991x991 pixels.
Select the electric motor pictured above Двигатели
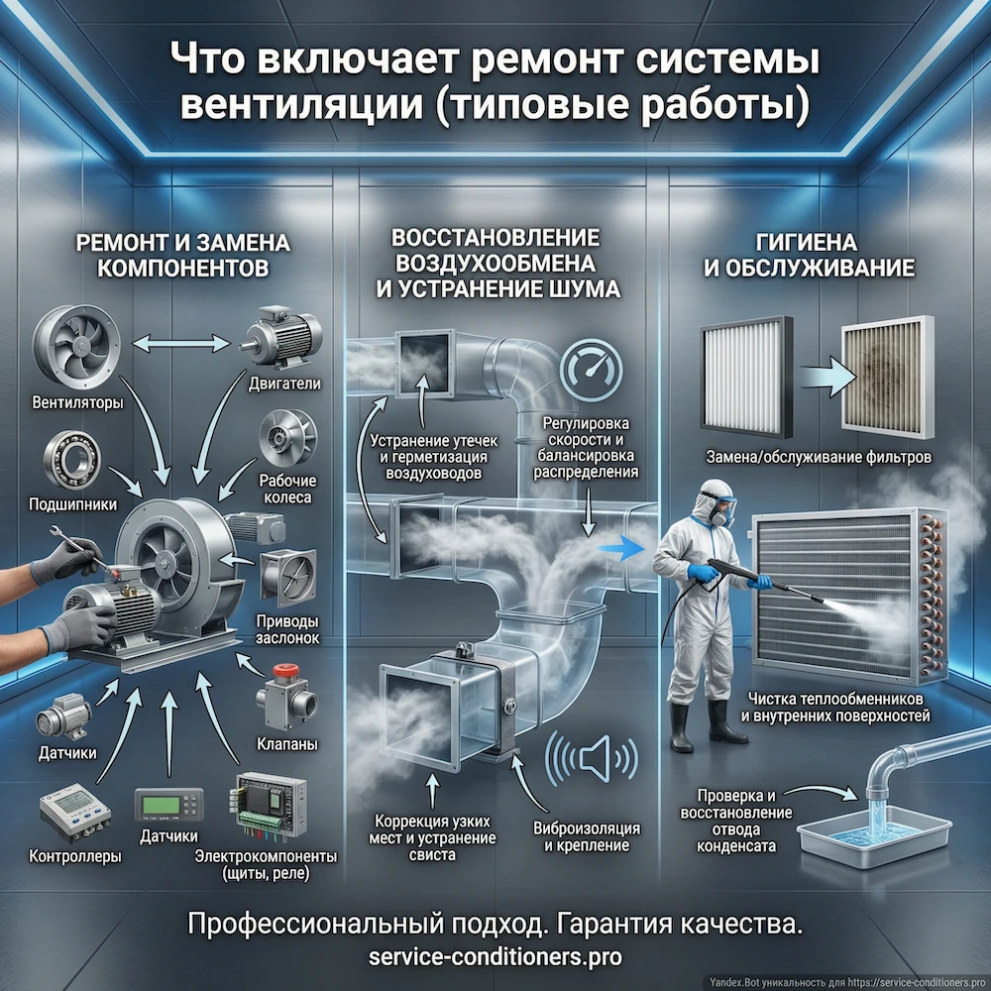[x=276, y=333]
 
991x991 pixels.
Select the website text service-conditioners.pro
[x=495, y=957]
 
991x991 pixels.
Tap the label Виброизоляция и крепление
[x=587, y=836]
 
